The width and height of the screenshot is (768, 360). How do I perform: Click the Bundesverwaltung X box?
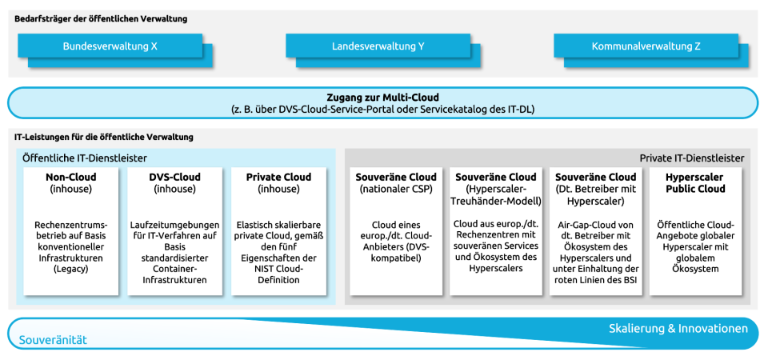110,46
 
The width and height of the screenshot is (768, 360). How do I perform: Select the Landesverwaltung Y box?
378,46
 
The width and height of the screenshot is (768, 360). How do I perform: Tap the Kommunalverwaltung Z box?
646,46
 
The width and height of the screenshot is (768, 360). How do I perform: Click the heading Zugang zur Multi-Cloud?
382,97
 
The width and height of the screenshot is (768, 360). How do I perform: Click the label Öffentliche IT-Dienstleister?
85,158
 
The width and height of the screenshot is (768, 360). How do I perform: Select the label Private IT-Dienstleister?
692,158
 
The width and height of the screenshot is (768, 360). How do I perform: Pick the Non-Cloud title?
71,178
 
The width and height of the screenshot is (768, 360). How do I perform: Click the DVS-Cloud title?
174,178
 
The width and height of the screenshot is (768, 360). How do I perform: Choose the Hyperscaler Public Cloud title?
695,183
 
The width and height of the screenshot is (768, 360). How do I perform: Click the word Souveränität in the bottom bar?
53,340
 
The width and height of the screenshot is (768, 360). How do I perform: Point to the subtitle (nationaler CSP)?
396,190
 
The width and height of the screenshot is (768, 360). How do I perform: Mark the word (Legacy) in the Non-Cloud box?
71,270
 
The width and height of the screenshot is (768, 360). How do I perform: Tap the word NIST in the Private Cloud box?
259,270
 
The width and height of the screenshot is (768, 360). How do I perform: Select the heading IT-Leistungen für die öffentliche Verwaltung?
103,138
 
